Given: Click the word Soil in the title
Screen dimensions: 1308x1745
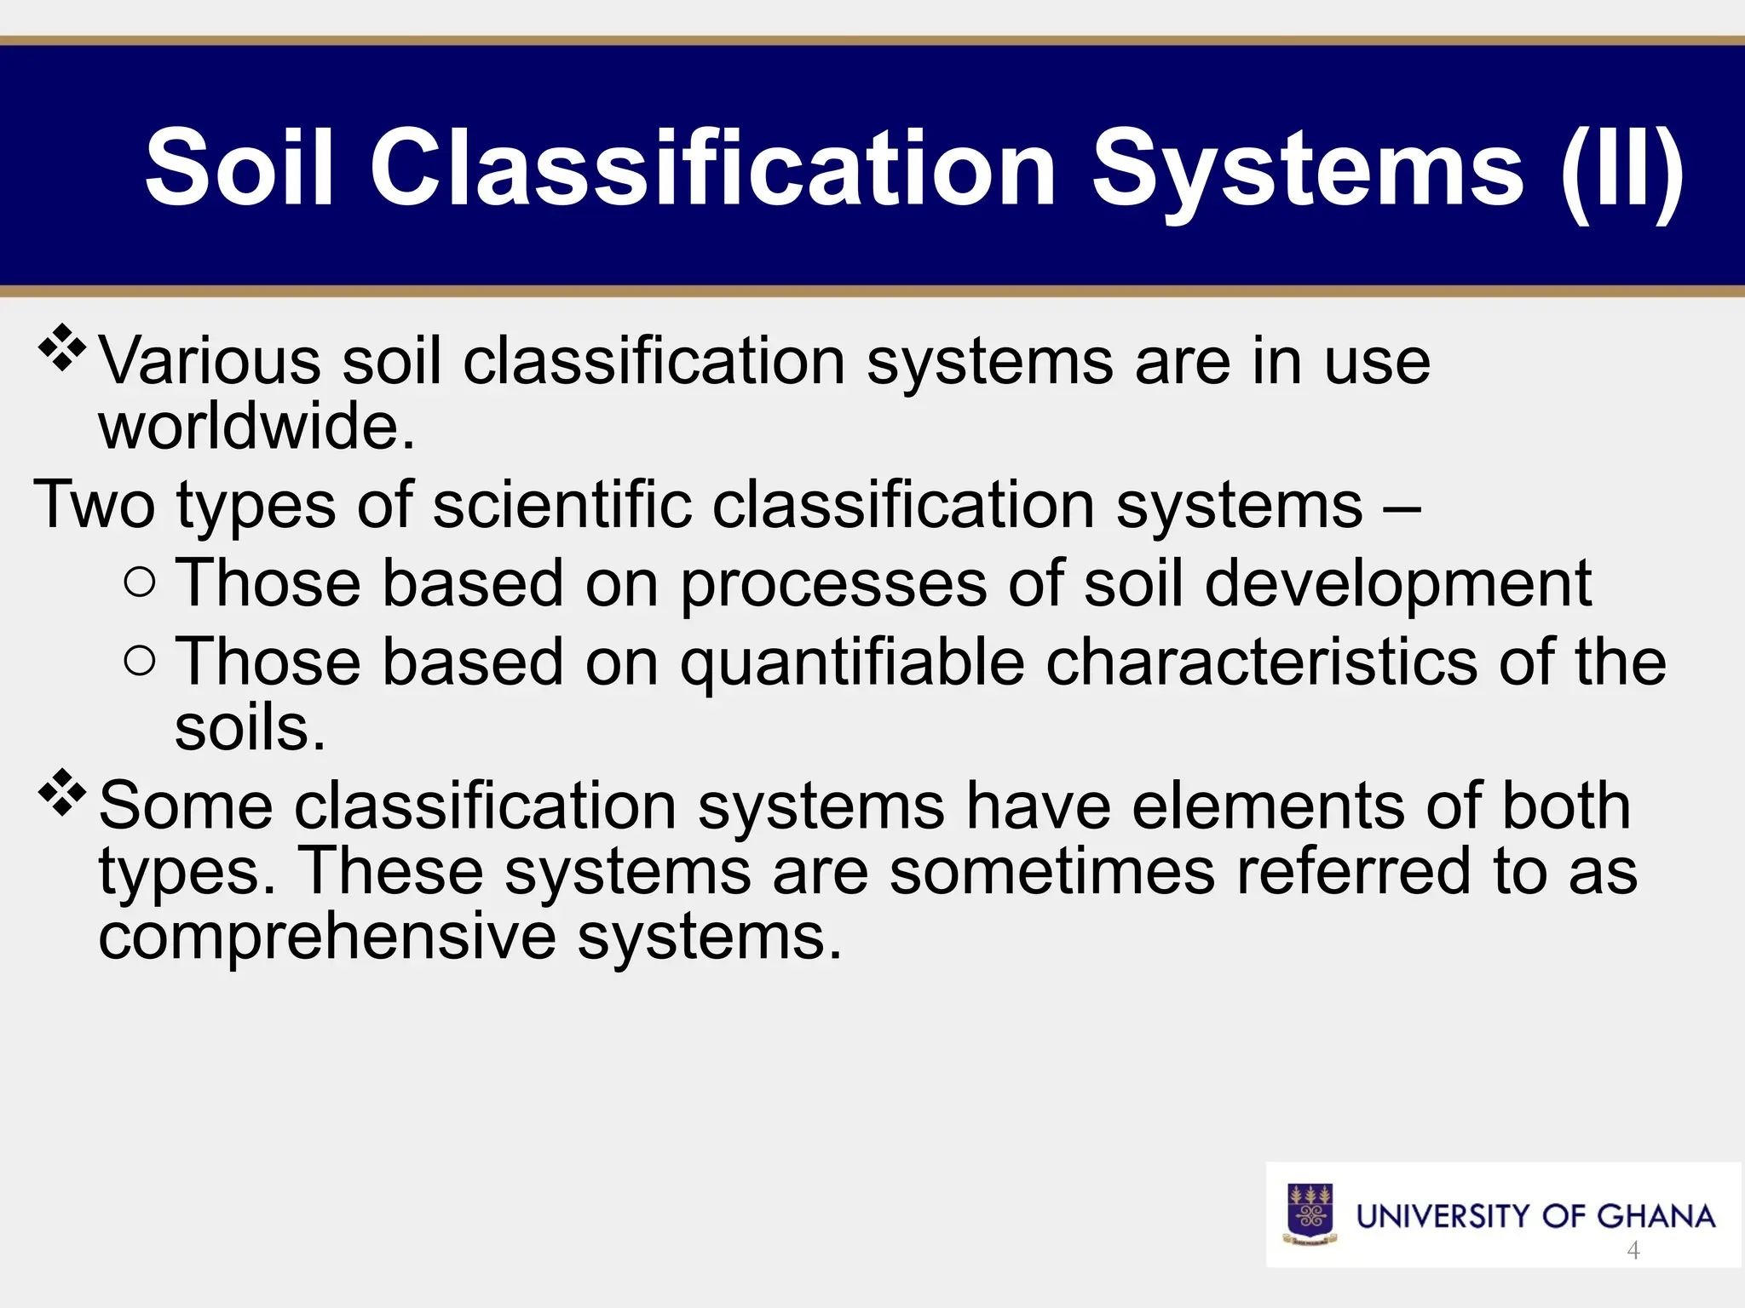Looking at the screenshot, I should point(239,167).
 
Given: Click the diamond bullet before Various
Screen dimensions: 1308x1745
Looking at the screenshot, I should point(62,347).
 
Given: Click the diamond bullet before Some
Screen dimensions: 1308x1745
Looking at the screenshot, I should point(62,793).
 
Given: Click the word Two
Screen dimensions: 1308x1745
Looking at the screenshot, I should point(94,504).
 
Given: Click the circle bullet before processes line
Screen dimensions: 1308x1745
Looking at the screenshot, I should point(140,583).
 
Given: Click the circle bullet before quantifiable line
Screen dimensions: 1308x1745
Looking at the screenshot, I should point(140,661).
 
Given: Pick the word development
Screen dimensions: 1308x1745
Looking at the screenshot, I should point(1397,584).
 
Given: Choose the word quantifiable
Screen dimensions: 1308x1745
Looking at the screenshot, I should point(852,663).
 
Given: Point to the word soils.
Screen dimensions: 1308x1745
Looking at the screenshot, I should point(249,728).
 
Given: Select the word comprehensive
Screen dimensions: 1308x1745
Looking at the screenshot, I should point(327,937).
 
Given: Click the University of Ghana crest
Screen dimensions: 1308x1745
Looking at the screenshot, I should point(1310,1214).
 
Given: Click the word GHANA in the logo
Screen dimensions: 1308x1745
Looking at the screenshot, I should point(1656,1216).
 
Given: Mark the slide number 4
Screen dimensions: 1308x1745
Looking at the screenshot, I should point(1633,1250).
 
